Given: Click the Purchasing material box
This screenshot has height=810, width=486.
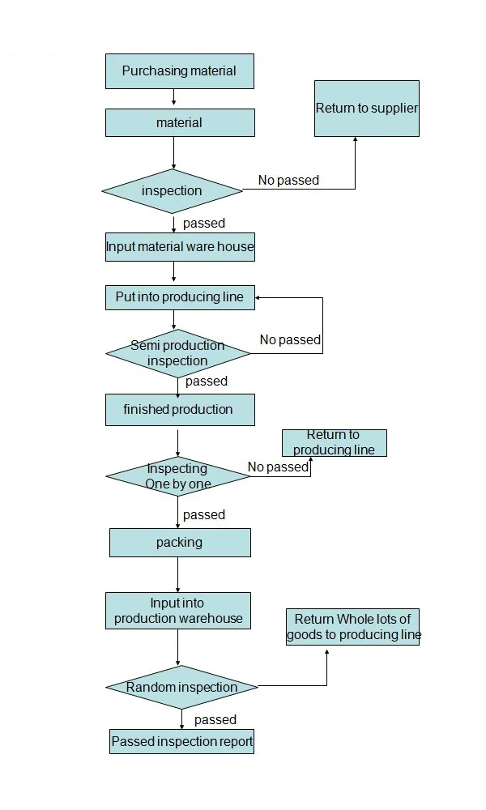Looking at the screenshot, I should pos(179,71).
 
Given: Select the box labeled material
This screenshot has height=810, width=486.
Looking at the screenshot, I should pos(179,123).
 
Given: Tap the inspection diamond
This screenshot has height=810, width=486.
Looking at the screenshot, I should pos(172,191).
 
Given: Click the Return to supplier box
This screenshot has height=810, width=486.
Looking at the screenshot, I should pos(366,109).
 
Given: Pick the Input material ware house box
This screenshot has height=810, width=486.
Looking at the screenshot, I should pos(179,247).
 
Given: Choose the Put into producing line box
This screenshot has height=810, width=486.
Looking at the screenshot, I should pos(179,297).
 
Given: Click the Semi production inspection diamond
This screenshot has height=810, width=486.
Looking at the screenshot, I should pos(177,353).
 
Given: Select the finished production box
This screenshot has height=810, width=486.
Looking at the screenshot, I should pos(179,410).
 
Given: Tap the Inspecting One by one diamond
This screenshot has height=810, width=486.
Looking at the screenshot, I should pos(177,476).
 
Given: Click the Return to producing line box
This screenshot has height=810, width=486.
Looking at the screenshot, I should pos(334,443).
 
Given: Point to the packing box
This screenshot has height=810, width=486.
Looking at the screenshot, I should pos(179,543).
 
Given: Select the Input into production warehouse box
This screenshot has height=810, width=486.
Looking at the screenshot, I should pos(177,611).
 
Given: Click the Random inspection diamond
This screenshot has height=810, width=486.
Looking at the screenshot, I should pos(181,688).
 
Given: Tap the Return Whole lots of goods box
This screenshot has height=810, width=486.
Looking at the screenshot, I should pos(352,627).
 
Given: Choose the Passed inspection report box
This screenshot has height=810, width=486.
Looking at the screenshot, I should pos(181,742).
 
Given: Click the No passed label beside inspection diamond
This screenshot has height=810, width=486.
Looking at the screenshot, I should pos(288,181).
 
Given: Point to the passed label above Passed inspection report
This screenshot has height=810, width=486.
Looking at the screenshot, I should pos(215,720).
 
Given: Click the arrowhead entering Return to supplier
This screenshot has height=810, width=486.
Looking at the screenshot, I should pos(355,141).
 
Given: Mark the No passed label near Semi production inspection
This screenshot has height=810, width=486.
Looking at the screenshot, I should pos(290,340).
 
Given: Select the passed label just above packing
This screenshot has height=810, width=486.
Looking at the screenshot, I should pos(204,515).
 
